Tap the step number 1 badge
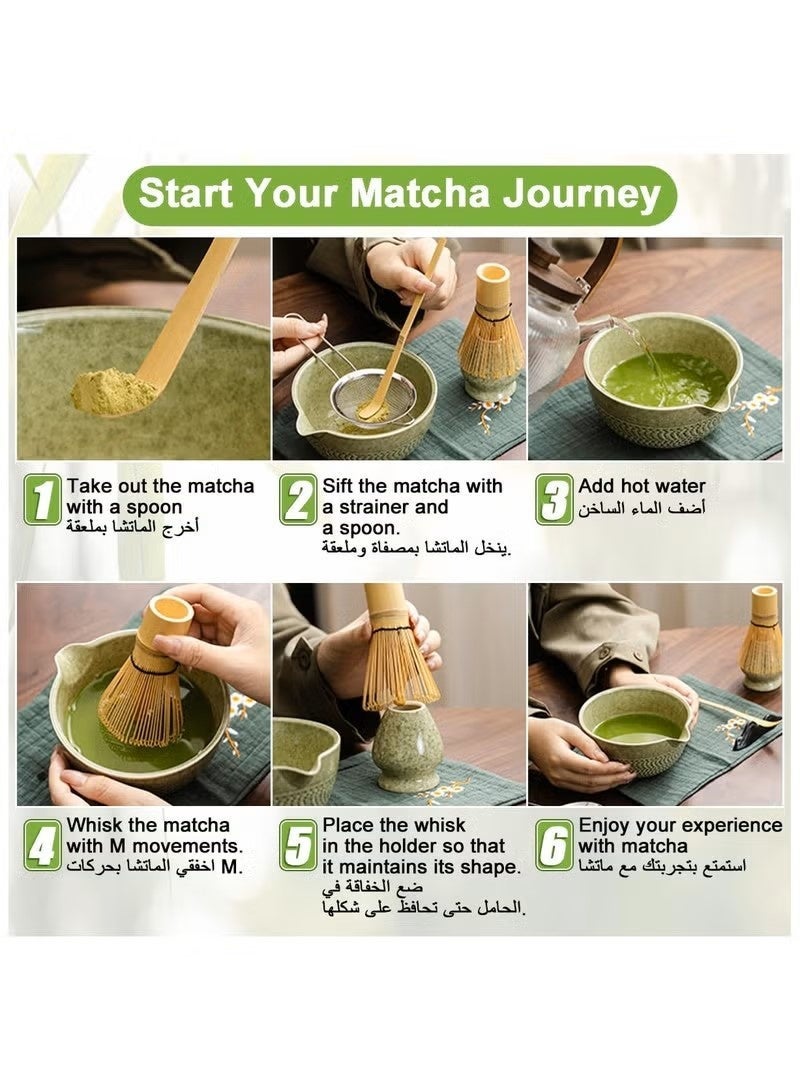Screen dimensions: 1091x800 (42, 500)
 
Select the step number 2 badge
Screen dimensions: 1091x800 (298, 500)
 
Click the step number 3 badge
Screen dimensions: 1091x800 (554, 500)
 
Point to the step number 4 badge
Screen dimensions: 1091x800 (42, 847)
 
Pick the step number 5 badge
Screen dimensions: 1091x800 (298, 847)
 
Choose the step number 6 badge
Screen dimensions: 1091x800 (554, 847)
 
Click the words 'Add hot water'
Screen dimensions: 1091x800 (641, 487)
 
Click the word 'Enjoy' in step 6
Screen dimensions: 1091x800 (605, 825)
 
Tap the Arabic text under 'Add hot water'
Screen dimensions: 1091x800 (641, 509)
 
